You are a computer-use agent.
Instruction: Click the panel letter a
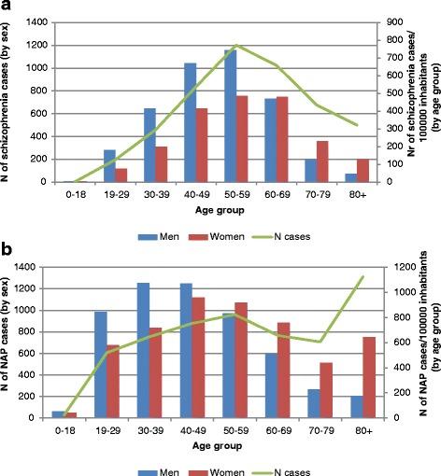7,8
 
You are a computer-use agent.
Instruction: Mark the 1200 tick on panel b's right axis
398,268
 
